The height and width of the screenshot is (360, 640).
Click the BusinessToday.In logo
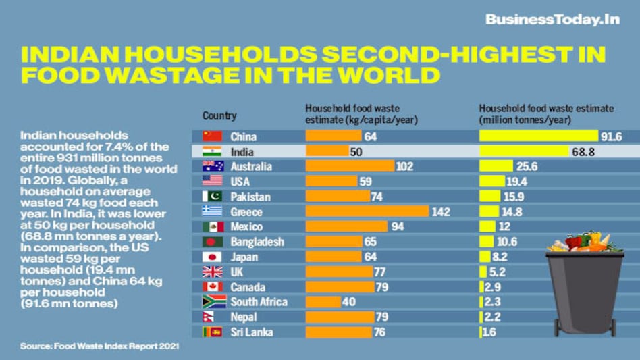pos(552,19)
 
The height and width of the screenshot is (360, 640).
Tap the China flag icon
pos(212,136)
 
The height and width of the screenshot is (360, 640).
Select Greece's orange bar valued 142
pos(367,211)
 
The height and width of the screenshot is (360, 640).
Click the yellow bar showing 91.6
pos(539,136)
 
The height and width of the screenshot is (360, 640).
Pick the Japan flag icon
pos(212,257)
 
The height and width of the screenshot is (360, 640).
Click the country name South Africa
pos(259,302)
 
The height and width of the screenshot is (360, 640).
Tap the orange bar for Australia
pos(350,167)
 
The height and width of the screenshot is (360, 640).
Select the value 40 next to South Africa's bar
pos(348,302)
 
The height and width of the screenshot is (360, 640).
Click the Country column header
pos(219,115)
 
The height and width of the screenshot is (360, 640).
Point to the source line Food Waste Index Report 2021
pos(99,346)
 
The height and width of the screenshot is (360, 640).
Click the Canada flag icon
pos(212,286)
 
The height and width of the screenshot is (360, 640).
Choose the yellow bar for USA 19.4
pos(491,181)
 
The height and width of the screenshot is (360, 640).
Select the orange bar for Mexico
pos(346,226)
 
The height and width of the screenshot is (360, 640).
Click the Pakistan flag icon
pos(212,197)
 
